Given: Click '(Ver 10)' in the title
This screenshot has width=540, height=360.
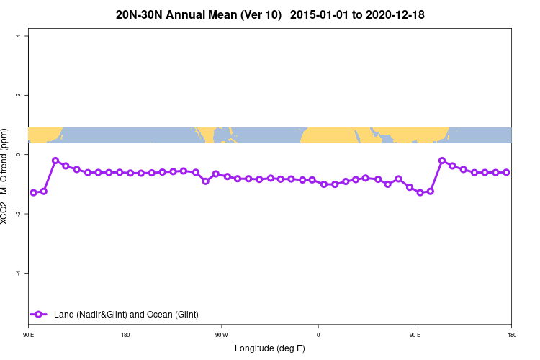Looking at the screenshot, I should [x=256, y=14].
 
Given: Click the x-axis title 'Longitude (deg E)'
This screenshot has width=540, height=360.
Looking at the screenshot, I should [x=269, y=348].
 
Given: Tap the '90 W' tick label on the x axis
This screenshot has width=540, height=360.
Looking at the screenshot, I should [x=221, y=334].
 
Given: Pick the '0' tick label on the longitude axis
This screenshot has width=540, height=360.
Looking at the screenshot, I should [x=318, y=334].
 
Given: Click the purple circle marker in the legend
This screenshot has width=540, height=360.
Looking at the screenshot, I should [x=39, y=314].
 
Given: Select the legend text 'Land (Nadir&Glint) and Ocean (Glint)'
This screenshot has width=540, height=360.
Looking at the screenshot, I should [x=126, y=314].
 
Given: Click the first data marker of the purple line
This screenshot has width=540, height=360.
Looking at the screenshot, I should [x=33, y=192].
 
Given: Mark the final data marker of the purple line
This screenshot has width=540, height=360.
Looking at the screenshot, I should [x=506, y=172].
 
